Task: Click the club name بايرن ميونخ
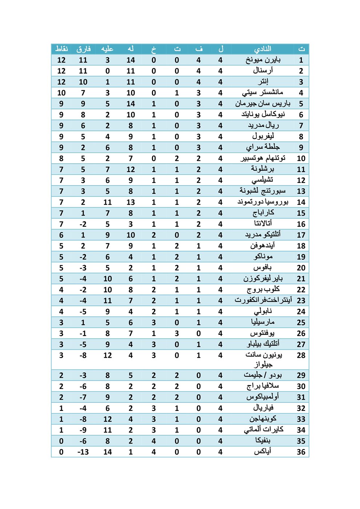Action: coord(263,60)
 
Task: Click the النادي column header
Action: coord(263,49)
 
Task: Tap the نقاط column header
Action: coord(61,49)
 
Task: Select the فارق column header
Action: coord(83,49)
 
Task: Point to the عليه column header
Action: coord(107,49)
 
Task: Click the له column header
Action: coord(131,49)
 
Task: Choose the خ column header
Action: coord(154,49)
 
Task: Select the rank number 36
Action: coord(301,452)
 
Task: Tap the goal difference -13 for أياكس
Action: coord(83,452)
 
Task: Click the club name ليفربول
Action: coord(263,136)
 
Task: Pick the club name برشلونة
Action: coord(263,169)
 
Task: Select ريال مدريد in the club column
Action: coord(263,125)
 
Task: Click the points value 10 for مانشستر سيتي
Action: coord(61,93)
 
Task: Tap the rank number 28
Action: coord(301,355)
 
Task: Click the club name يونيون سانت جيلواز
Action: coord(263,359)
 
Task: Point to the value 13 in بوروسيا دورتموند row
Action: coord(131,202)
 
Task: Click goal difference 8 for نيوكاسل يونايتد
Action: coord(83,115)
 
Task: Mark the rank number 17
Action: coord(301,235)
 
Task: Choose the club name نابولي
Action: coord(263,311)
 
